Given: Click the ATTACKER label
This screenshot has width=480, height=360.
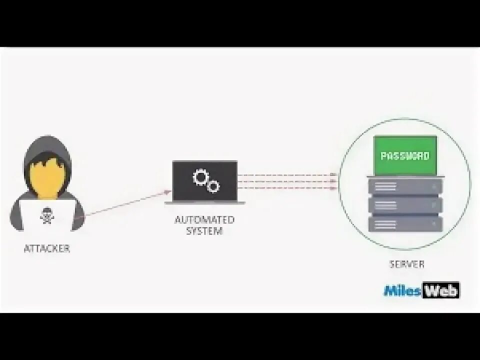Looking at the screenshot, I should pos(47,248).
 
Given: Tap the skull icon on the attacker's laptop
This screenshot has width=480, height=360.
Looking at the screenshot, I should pos(46,215).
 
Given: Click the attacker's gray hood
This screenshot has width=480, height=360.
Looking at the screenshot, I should pos(47,146).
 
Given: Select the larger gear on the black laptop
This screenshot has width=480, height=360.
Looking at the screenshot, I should pos(201,176).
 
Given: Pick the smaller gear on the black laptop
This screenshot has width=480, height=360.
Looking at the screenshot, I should pos(213,186).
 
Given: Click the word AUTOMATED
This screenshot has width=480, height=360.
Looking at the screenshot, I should pos(204,219).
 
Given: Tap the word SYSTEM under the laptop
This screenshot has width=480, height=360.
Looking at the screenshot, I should pos(204,231).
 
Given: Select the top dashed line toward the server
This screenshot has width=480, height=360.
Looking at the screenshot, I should pos(285,175).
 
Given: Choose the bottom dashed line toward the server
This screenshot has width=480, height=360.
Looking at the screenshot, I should pos(285,188).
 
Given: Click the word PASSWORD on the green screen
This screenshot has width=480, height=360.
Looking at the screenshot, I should pos(405,156).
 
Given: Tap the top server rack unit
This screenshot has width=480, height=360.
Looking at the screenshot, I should pos(405,186).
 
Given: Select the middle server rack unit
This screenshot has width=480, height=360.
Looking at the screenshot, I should pos(405,204).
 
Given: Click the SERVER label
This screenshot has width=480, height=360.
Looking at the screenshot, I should pos(406,264).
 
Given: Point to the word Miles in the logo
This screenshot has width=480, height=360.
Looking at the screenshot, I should pos(402,290).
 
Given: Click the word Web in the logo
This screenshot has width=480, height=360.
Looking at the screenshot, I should pos(440,290).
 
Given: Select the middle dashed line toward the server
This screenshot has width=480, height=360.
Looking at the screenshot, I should pos(285,181).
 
